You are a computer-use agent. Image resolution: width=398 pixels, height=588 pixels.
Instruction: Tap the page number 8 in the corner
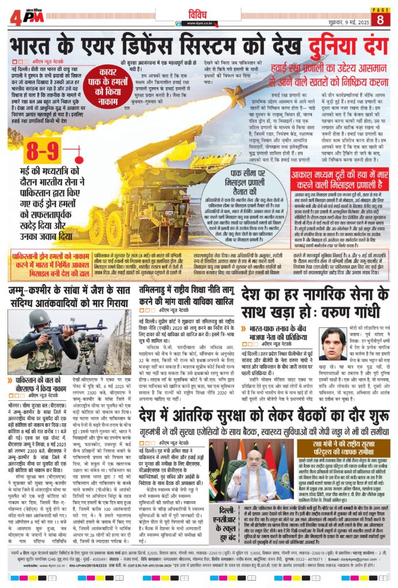click(x=380, y=20)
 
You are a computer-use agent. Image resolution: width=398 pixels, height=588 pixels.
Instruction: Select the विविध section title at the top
click(x=198, y=12)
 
